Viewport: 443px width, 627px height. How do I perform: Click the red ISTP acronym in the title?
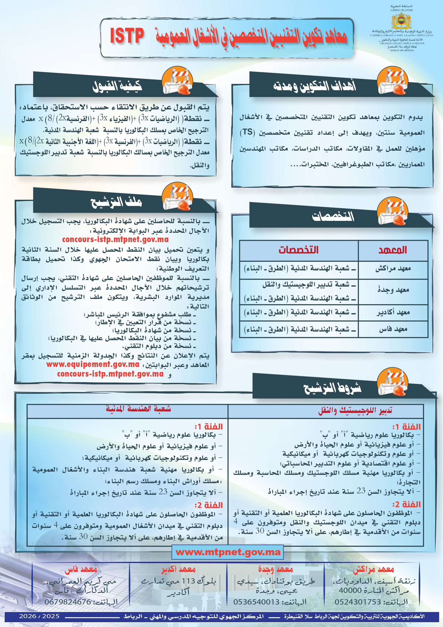tap(127, 36)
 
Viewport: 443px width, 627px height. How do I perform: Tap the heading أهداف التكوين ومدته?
tap(314, 86)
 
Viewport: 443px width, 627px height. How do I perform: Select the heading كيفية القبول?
tap(117, 86)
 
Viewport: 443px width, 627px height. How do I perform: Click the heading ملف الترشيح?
tap(116, 202)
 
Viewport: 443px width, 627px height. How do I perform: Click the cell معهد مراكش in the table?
tap(393, 269)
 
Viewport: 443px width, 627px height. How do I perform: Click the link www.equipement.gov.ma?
tap(93, 364)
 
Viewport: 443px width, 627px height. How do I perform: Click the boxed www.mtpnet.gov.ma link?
tap(228, 552)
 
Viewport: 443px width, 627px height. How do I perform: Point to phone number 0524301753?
tap(358, 602)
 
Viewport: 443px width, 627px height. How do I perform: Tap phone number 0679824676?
tap(68, 602)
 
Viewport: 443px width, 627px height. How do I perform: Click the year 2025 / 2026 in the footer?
tap(39, 616)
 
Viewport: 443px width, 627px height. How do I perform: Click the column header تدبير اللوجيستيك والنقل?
tap(355, 410)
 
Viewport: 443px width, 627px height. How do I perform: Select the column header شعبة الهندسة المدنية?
tap(138, 409)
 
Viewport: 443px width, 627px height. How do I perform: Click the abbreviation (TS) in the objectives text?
tap(247, 132)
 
